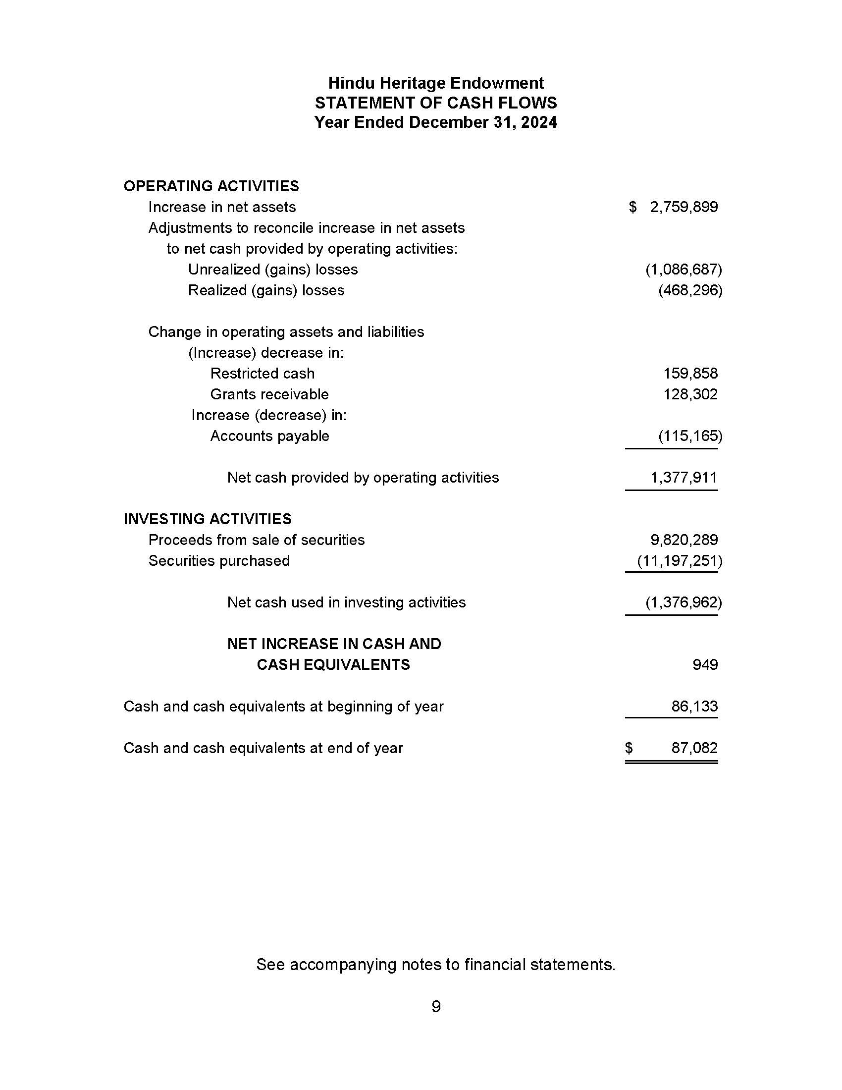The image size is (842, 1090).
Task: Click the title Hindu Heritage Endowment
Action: click(x=435, y=83)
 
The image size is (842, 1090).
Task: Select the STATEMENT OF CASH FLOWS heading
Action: click(x=435, y=103)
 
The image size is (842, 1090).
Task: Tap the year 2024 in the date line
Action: click(x=539, y=122)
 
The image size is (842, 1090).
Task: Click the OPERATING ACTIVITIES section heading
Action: click(x=211, y=186)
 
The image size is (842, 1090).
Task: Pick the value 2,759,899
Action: click(x=684, y=207)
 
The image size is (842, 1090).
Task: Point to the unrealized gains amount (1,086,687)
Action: click(x=684, y=270)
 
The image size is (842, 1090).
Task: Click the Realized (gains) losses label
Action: click(x=266, y=290)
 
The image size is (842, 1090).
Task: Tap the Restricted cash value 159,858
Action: click(x=690, y=373)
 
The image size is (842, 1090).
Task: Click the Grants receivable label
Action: click(x=269, y=394)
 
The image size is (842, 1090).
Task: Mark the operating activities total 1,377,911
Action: click(x=684, y=478)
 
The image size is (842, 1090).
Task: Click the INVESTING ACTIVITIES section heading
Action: click(x=208, y=519)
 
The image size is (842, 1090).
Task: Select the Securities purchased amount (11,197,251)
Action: click(x=680, y=561)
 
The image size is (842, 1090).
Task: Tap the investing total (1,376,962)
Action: click(x=684, y=602)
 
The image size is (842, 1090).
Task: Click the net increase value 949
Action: click(x=705, y=665)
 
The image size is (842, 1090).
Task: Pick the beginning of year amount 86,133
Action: click(x=694, y=707)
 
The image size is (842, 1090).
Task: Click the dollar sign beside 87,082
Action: click(x=629, y=748)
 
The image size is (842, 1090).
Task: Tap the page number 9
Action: click(x=435, y=1007)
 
